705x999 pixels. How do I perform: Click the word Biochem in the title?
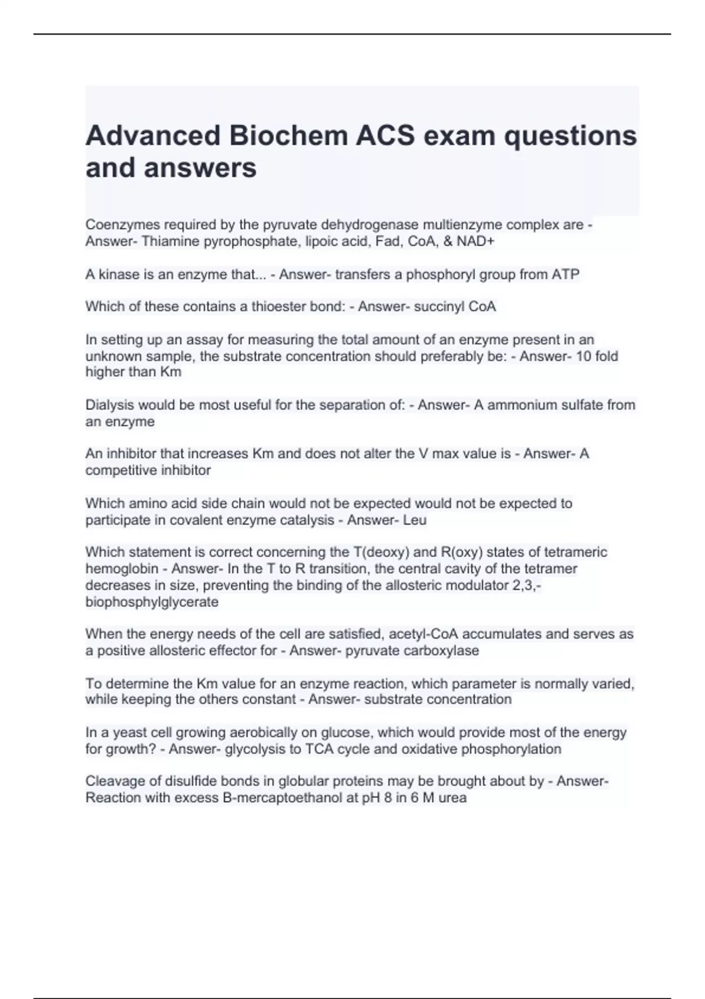coord(287,136)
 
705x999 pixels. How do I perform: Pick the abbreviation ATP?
coord(566,274)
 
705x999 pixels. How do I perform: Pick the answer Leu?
coord(415,520)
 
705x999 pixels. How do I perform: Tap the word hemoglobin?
coord(122,569)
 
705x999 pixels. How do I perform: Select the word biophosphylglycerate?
coord(152,602)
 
